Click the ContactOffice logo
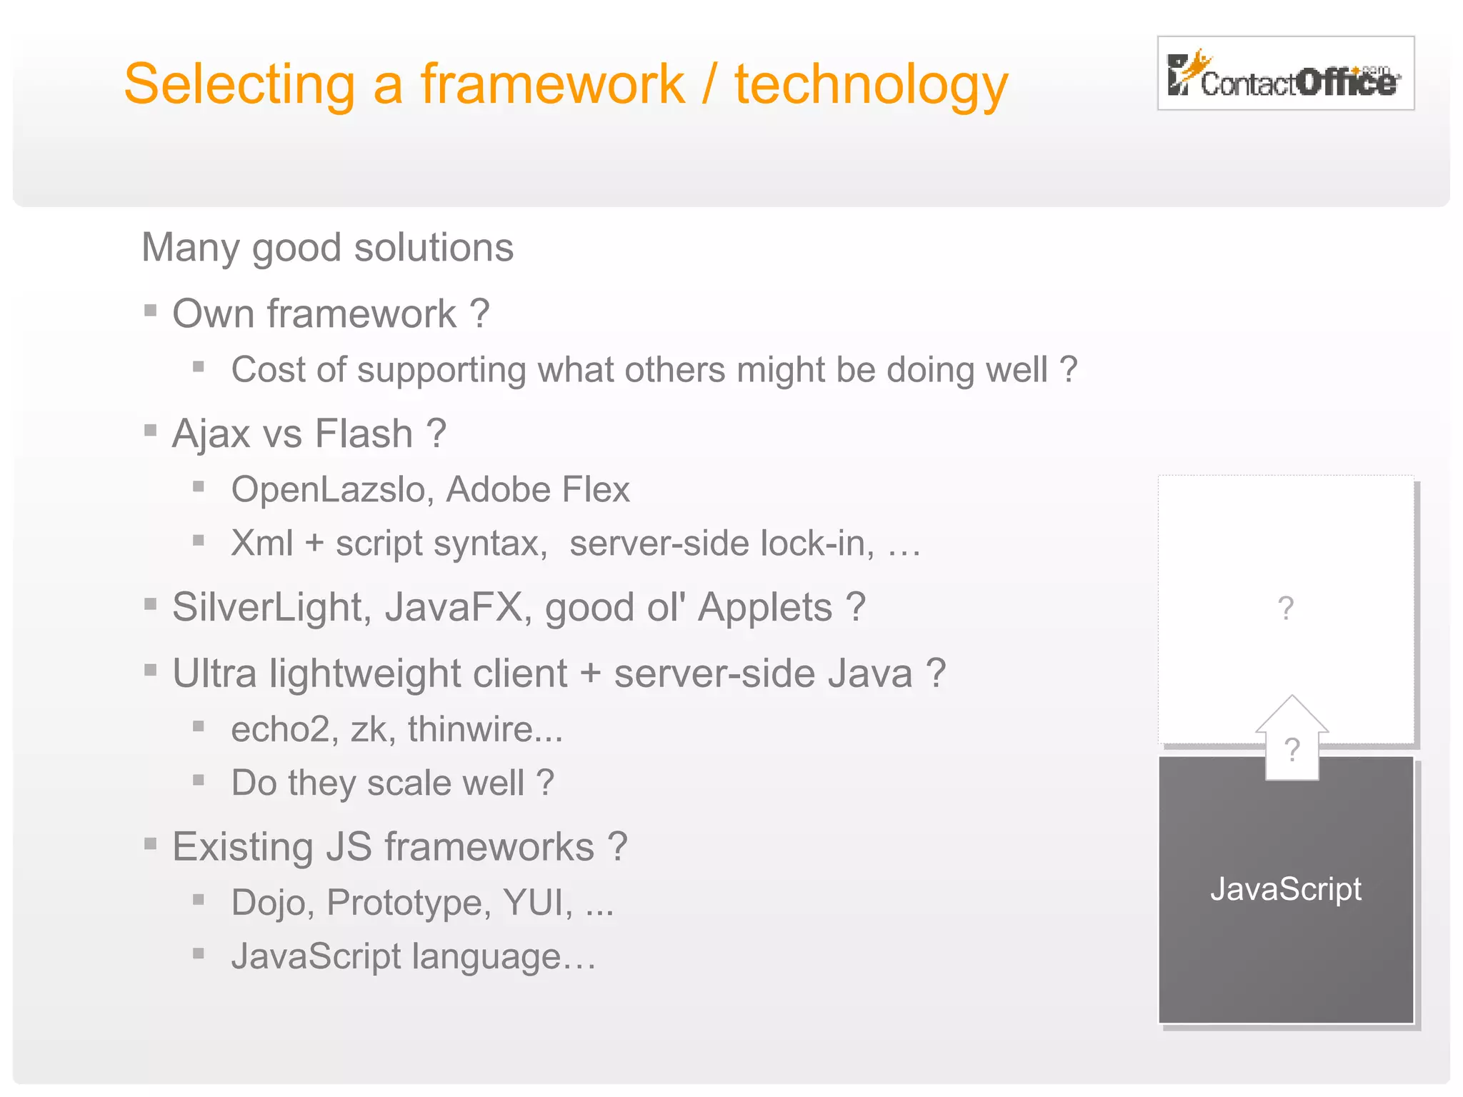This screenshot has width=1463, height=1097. click(1284, 74)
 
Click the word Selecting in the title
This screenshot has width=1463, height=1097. click(239, 85)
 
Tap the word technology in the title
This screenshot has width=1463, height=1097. click(871, 85)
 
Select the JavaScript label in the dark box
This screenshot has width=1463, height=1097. click(1285, 889)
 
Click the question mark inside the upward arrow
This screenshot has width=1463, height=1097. click(1292, 750)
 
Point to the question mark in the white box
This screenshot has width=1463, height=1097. click(1285, 608)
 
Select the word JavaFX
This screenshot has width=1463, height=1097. click(458, 608)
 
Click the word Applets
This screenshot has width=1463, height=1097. click(764, 608)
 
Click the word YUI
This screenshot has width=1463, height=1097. click(537, 903)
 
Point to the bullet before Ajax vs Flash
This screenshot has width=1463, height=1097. click(150, 430)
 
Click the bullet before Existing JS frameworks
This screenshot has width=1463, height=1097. click(150, 844)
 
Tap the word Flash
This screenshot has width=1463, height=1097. click(364, 434)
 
